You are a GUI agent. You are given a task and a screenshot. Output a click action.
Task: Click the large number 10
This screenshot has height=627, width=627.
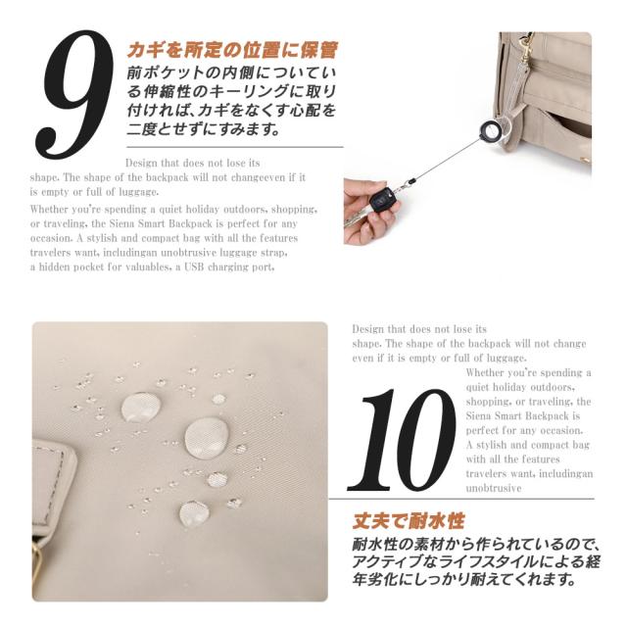click(x=402, y=440)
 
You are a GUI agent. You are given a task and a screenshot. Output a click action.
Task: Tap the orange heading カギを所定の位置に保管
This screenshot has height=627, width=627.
click(x=233, y=50)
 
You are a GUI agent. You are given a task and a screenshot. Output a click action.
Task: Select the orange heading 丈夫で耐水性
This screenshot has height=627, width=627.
click(x=409, y=520)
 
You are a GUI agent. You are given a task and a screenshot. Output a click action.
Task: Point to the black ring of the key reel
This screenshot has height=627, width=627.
click(x=490, y=130)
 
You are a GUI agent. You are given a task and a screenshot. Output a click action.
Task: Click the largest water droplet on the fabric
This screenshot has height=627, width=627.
click(x=207, y=438)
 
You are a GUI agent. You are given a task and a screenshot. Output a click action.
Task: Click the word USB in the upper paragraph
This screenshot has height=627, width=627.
click(x=194, y=266)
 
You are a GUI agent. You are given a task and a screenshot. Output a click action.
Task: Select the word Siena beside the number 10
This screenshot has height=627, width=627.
click(x=479, y=415)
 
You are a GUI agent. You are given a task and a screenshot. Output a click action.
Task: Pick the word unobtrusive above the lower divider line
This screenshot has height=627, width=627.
click(x=494, y=488)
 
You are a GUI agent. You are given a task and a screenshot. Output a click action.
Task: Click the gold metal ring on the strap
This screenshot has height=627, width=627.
click(x=37, y=568)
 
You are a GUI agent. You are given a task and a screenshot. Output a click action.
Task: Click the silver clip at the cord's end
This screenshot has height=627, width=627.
click(x=408, y=183)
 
